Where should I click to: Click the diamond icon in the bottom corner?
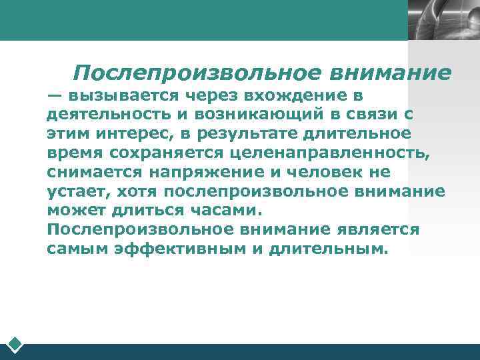pyautogui.click(x=15, y=345)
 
